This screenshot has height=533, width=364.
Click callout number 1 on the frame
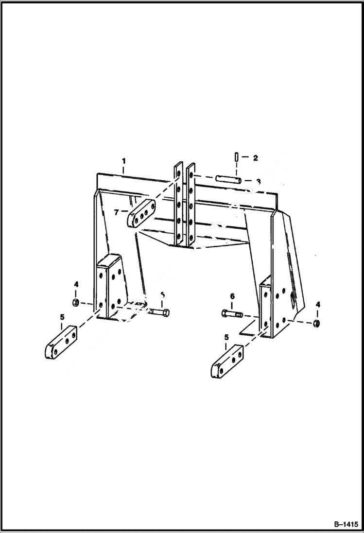pyautogui.click(x=124, y=160)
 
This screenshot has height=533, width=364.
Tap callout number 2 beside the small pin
pyautogui.click(x=255, y=157)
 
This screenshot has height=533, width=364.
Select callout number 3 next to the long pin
pyautogui.click(x=258, y=181)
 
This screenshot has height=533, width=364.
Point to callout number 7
pyautogui.click(x=116, y=212)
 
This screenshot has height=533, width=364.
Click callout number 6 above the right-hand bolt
pyautogui.click(x=232, y=296)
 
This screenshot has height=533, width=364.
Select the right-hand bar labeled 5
pyautogui.click(x=227, y=361)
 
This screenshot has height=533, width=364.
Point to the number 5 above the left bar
pyautogui.click(x=62, y=317)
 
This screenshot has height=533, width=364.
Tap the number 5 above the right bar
pyautogui.click(x=226, y=337)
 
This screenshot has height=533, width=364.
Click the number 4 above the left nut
pyautogui.click(x=76, y=284)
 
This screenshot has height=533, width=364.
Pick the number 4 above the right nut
pyautogui.click(x=318, y=305)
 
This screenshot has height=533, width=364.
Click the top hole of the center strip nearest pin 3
pyautogui.click(x=192, y=173)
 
